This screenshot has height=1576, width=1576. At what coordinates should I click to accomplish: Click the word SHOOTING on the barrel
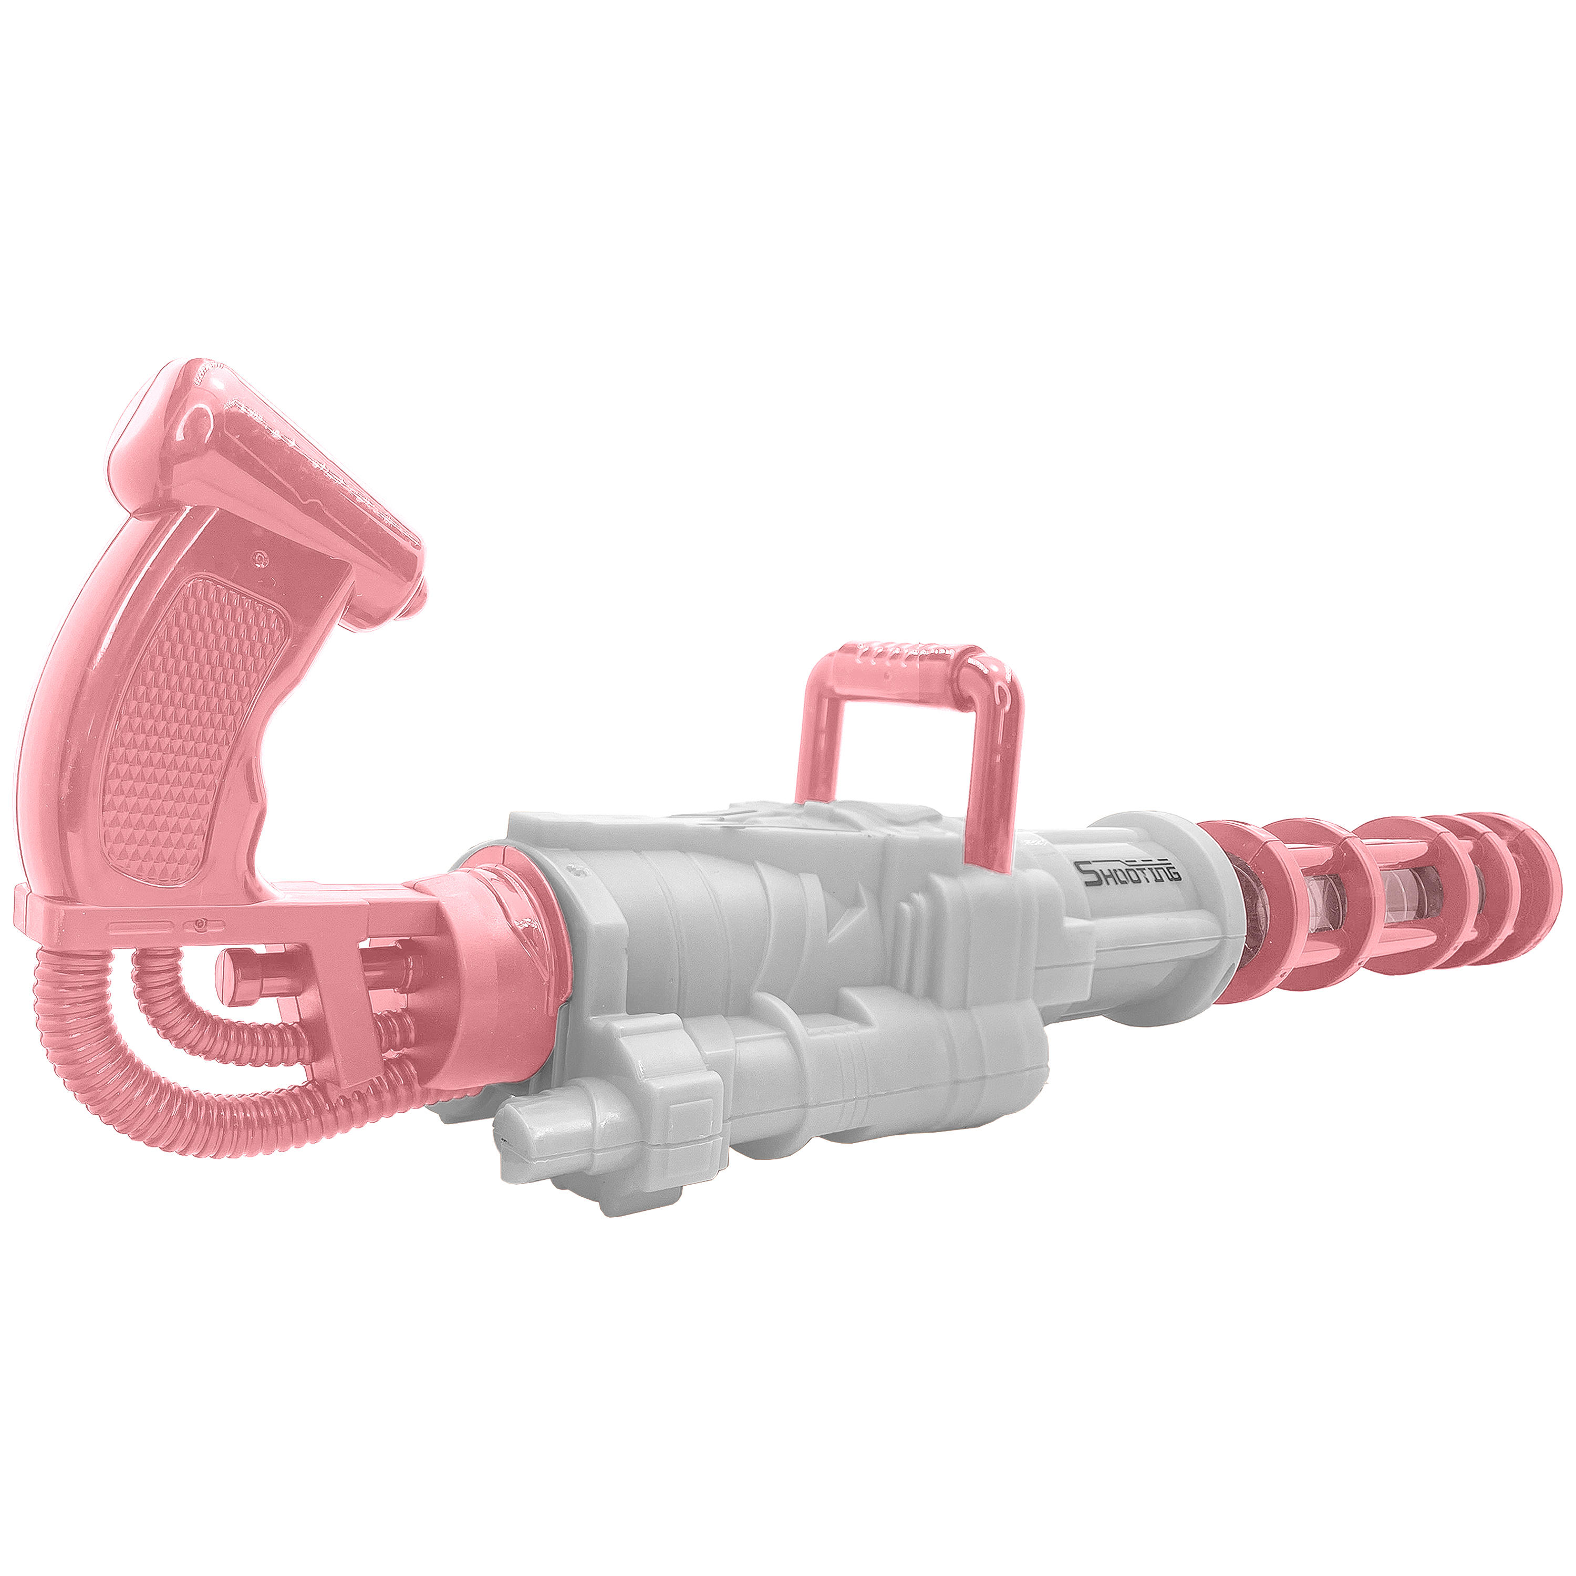(x=1130, y=873)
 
